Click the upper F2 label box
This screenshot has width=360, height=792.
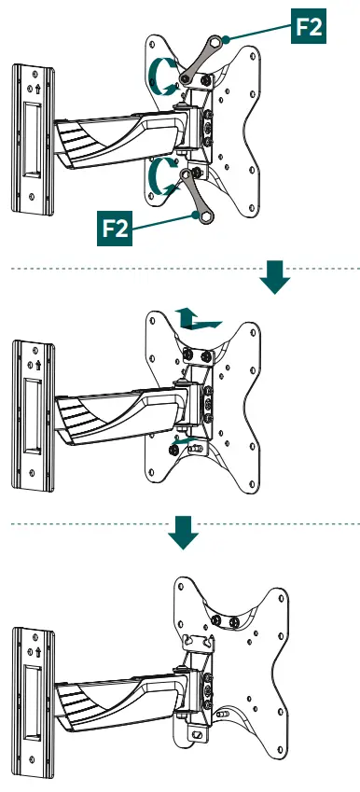click(x=309, y=26)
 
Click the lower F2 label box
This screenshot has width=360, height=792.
click(x=115, y=229)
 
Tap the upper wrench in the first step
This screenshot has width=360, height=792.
click(x=200, y=59)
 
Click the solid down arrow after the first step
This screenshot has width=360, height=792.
click(x=275, y=277)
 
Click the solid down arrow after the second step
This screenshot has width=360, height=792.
click(x=183, y=533)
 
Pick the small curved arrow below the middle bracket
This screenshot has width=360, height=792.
click(x=184, y=441)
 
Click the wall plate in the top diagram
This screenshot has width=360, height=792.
click(x=34, y=140)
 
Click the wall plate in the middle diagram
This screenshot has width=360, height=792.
click(x=34, y=416)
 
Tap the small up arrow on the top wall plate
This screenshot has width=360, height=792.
click(x=38, y=90)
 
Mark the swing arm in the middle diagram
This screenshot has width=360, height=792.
click(x=121, y=407)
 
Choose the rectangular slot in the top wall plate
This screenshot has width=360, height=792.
click(x=33, y=140)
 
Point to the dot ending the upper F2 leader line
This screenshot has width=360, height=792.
click(x=226, y=38)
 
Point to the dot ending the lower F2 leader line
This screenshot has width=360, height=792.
click(x=196, y=215)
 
